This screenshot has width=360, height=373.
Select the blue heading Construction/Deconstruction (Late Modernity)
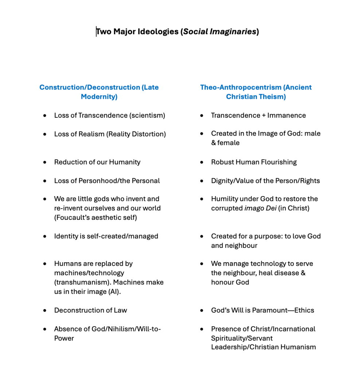99,92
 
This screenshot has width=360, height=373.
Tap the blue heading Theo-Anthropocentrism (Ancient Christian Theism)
256,92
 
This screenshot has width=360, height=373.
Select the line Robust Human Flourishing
254,162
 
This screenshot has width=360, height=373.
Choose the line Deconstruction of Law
90,310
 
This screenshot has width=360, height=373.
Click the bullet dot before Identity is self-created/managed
45,236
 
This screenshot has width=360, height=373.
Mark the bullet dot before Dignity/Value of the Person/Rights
202,181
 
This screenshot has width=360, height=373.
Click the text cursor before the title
96,32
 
